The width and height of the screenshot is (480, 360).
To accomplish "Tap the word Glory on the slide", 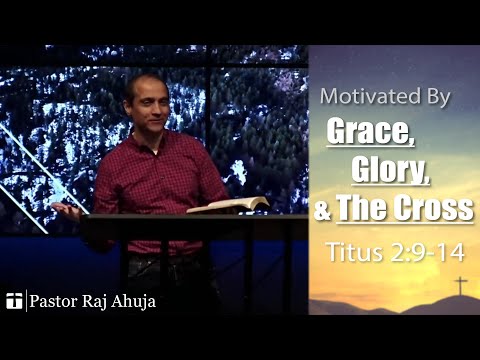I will tap(390, 171).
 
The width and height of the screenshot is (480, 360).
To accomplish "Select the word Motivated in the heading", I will tap(368, 98).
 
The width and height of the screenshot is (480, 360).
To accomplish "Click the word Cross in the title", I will tap(437, 210).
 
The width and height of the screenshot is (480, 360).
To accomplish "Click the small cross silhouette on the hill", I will tap(459, 286).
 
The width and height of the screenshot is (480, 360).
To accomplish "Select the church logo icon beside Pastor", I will tap(13, 300).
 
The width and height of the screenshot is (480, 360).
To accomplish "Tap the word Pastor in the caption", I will tap(53, 300).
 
